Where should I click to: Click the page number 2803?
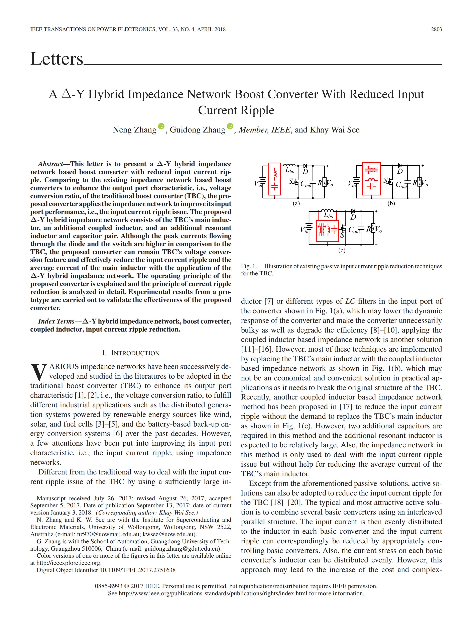point(436,29)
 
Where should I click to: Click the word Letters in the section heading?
point(56,59)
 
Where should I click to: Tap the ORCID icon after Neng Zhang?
point(161,126)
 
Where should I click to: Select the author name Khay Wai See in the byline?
point(335,130)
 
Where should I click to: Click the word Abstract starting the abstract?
point(50,164)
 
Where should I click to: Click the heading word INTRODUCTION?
point(135,353)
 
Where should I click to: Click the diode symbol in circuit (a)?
point(305,166)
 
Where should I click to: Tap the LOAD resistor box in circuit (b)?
point(420,182)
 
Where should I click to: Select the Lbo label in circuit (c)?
point(329,215)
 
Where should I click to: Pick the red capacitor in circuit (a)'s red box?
point(275,187)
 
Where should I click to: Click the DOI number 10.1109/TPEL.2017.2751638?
point(137,570)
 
